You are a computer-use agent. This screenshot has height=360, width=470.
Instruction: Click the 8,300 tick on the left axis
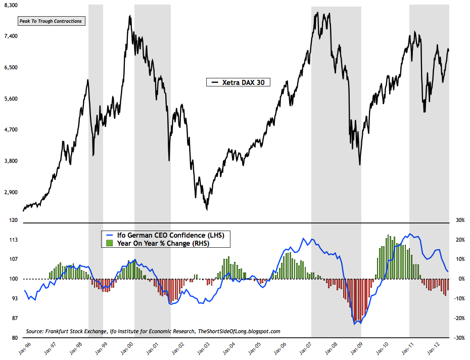click(10, 5)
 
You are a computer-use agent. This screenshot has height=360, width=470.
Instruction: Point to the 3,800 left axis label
click(10, 161)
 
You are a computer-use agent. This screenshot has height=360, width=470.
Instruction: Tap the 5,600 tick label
click(10, 99)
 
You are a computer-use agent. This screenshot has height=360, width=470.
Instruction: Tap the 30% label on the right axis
click(460, 220)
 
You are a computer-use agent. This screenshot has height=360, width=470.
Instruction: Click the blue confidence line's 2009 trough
click(355, 324)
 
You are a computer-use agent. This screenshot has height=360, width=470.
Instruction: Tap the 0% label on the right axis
click(460, 279)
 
